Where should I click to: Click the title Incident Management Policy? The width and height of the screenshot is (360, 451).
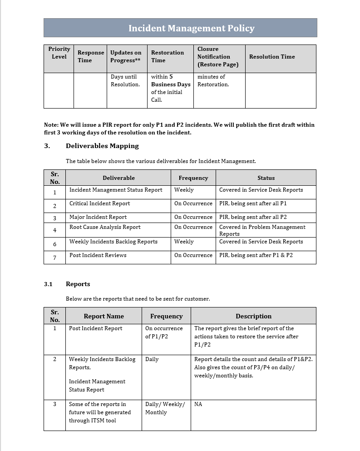pos(191,28)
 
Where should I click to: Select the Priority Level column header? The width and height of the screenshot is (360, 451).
pos(59,53)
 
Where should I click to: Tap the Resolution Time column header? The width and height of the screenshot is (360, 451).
pos(272,57)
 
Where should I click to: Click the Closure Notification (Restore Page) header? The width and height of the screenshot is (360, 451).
pos(218,57)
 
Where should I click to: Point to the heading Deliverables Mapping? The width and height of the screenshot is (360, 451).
pos(102,146)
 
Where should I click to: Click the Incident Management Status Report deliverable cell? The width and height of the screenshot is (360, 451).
pos(116,190)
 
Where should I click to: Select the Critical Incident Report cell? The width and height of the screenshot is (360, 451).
pos(99,203)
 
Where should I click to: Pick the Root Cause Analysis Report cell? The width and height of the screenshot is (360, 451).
pos(105,227)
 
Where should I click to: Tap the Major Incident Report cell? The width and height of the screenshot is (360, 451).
pos(98,217)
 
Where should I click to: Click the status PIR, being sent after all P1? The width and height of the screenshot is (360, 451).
pos(253,203)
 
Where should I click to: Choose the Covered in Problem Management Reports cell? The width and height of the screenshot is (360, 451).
pos(262,230)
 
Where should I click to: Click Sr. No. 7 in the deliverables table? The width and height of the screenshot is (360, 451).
pos(55,258)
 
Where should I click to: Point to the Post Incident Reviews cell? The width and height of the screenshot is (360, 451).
pos(98,255)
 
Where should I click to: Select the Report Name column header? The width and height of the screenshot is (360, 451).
pos(104,316)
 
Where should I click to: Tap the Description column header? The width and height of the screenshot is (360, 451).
pos(253,316)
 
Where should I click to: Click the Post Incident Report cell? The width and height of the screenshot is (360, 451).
pos(96,328)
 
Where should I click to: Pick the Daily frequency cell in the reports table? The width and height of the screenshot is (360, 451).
pos(152,359)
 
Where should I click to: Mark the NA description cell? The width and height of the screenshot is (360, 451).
pos(198,404)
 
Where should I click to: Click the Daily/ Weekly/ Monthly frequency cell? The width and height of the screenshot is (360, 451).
pos(165,408)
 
